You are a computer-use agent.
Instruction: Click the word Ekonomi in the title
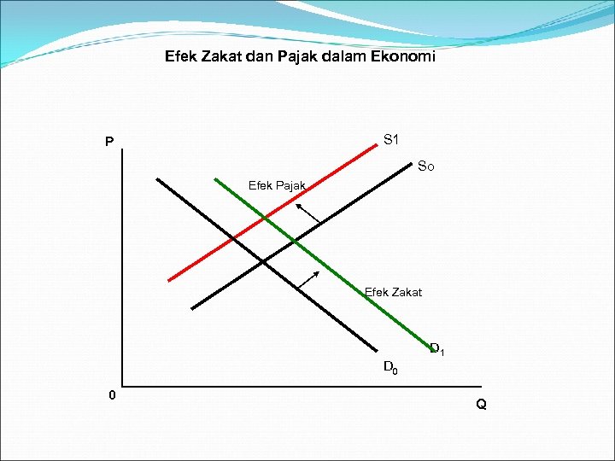click(402, 57)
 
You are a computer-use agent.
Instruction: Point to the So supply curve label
click(425, 166)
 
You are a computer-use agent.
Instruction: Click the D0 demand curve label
click(389, 368)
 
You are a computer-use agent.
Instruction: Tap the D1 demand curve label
click(436, 348)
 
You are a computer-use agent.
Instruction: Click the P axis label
click(109, 142)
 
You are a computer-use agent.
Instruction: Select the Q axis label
click(482, 404)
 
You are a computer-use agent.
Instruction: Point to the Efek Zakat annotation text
click(393, 292)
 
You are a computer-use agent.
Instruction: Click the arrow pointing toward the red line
click(307, 213)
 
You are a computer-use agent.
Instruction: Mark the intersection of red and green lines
click(265, 219)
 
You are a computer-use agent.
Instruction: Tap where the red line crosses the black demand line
click(233, 237)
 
